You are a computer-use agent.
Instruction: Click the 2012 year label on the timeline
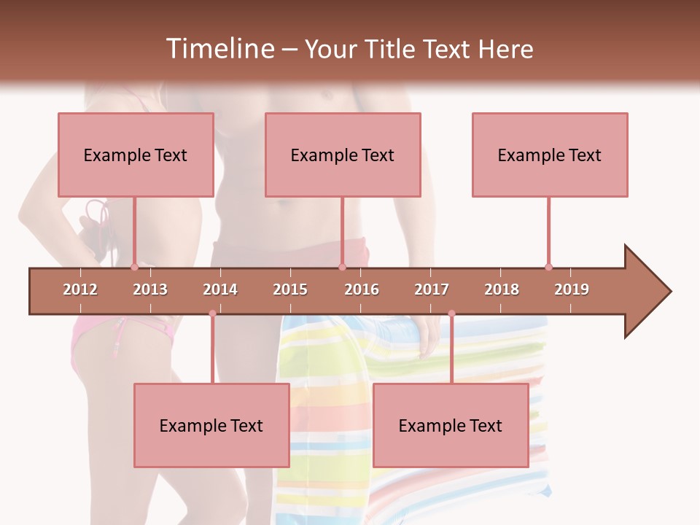(x=80, y=289)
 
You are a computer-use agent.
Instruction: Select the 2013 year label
(x=150, y=289)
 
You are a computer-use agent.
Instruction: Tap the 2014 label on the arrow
(x=220, y=289)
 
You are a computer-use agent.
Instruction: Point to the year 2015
(x=290, y=289)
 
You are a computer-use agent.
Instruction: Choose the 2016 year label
(x=362, y=289)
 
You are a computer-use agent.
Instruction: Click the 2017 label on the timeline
(x=432, y=289)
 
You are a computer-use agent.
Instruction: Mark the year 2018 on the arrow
(x=502, y=289)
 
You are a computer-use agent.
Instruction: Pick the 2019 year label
(x=572, y=289)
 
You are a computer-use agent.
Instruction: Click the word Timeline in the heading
(x=219, y=49)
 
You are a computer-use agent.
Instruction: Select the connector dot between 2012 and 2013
(x=134, y=267)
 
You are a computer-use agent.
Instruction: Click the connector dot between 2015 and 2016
(x=342, y=267)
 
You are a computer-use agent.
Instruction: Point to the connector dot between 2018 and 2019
(x=548, y=267)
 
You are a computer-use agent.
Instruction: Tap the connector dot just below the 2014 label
(x=212, y=314)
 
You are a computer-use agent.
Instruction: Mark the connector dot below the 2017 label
(x=451, y=314)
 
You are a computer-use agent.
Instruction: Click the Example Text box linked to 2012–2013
(x=136, y=155)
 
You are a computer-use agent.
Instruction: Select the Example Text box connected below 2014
(x=211, y=425)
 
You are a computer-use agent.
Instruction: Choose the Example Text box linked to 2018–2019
(x=550, y=155)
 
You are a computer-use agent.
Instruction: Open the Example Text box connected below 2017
(x=451, y=425)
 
